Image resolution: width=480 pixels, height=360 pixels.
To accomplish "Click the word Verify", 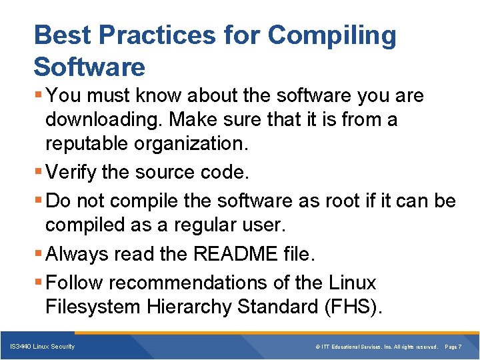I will point(73,173).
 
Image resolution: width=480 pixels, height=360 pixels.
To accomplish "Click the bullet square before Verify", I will point(39,173).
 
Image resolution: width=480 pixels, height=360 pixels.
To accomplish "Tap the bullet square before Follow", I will point(39,283).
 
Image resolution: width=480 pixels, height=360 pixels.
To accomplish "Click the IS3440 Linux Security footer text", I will point(42,347).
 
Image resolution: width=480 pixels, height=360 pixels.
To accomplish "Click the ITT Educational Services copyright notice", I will point(376,347).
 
